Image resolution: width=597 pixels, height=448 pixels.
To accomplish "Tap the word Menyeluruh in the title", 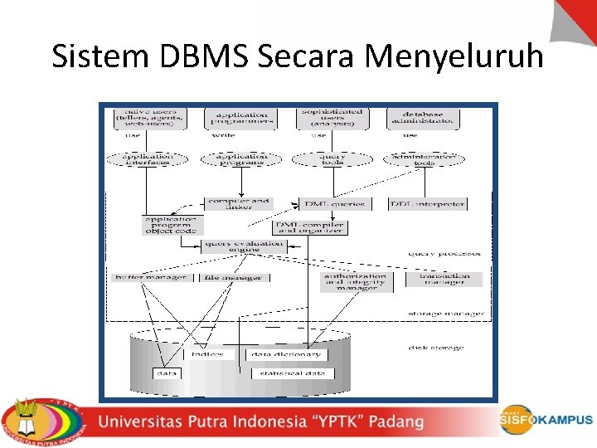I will pos(454,56).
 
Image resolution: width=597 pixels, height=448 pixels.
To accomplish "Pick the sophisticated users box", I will pos(332,119).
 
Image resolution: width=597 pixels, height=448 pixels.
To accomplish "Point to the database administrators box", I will pos(423,118).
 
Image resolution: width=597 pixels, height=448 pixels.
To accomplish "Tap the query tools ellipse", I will pos(332,158).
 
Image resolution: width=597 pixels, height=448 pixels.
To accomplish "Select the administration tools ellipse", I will pos(425,158).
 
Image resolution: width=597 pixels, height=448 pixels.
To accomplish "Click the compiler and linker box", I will pos(238,203).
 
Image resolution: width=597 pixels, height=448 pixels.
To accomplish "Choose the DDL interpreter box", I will pos(427,203).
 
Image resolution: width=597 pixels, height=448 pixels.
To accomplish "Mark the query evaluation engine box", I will pos(243,246).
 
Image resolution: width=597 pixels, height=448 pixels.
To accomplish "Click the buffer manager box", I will pos(152,277).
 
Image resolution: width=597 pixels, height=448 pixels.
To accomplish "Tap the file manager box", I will pos(234,277).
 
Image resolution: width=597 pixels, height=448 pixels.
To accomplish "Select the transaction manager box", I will pos(444,279).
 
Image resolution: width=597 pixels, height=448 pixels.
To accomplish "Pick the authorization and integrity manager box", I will pos(354,282).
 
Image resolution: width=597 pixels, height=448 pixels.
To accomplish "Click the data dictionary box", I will pos(287,354).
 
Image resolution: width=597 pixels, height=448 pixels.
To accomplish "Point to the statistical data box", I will pos(292,373).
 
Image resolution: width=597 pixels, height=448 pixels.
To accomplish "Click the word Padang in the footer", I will pos(396,421).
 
